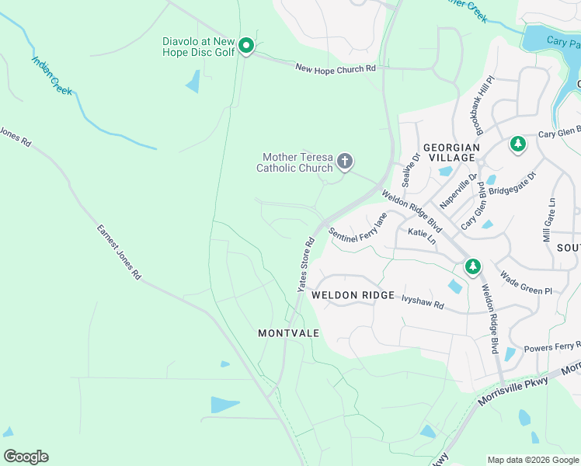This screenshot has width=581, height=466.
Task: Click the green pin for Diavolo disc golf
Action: point(246,47)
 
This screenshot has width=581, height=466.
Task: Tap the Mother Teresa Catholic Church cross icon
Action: point(344,162)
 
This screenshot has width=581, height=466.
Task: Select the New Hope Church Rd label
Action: point(336,69)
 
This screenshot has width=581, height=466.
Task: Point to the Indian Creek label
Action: point(52,75)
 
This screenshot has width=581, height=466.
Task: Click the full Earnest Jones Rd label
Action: point(119,252)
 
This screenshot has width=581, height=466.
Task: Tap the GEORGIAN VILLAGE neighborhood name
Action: point(449,151)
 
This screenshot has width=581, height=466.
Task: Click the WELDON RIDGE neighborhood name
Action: point(353,296)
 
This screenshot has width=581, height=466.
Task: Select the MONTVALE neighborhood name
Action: point(288,332)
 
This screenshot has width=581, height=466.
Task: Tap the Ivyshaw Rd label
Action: point(422,300)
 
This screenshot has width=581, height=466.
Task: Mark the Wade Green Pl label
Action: point(525,282)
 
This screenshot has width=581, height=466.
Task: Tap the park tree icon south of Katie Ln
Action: point(472,267)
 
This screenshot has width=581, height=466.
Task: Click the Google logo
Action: point(26,457)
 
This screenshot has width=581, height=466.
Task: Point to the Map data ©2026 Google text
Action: point(532,460)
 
